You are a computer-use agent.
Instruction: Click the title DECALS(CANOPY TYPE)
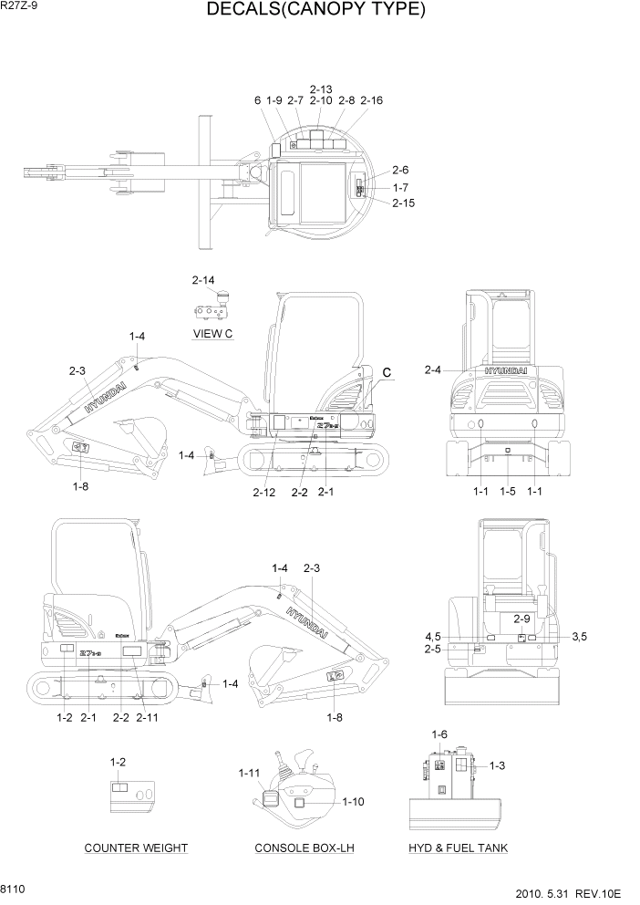(x=316, y=11)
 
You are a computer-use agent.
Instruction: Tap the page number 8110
(x=14, y=886)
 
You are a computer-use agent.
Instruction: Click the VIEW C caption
(x=213, y=334)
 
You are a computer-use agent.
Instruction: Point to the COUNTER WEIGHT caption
(x=136, y=848)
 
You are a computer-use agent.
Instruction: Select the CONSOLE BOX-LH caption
(x=304, y=848)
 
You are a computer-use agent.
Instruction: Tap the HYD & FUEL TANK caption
(x=459, y=848)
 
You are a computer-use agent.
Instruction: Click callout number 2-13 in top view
(x=321, y=88)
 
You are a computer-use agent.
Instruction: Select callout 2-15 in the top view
(x=404, y=203)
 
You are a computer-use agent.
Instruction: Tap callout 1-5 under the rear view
(x=508, y=492)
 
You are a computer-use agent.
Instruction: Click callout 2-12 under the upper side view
(x=263, y=493)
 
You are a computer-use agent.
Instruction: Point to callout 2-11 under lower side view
(x=147, y=718)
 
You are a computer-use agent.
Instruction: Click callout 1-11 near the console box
(x=249, y=774)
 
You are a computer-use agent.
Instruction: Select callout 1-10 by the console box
(x=354, y=802)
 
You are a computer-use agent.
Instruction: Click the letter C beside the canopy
(x=387, y=372)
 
